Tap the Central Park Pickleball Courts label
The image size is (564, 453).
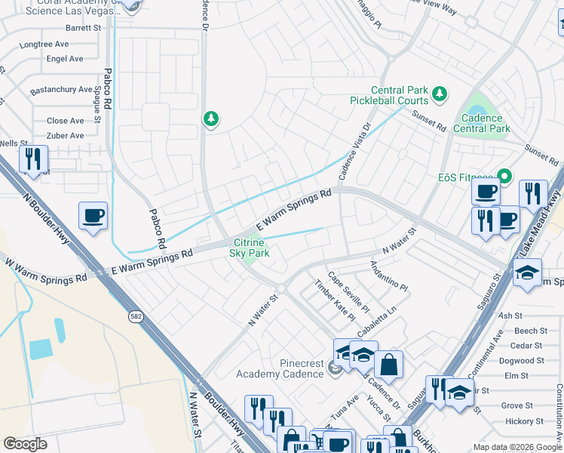(x=389, y=94)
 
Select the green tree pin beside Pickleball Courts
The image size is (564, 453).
(x=440, y=94)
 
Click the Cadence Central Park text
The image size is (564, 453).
(x=482, y=123)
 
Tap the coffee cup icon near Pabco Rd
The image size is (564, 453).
(x=93, y=216)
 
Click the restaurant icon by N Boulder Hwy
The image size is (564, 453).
(x=33, y=159)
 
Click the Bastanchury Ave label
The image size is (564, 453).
(x=60, y=91)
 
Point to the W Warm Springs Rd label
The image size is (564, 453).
(x=46, y=273)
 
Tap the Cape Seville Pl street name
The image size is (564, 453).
(x=348, y=292)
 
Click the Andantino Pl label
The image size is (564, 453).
(x=388, y=277)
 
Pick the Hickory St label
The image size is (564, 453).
(x=525, y=421)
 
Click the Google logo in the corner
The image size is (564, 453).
(x=25, y=444)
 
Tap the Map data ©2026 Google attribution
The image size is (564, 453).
(x=517, y=447)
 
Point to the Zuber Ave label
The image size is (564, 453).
(x=66, y=136)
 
